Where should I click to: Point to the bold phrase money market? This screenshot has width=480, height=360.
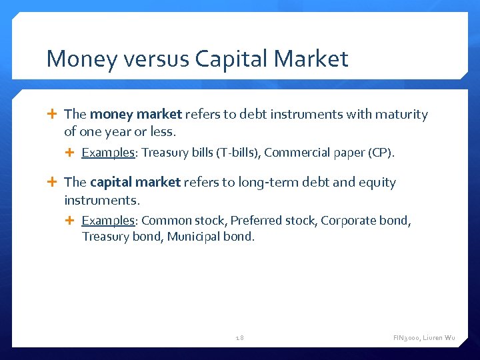click(136, 115)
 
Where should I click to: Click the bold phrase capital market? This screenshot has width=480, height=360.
click(135, 183)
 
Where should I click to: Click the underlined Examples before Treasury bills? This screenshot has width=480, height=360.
click(108, 153)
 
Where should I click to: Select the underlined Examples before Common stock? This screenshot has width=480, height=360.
click(108, 221)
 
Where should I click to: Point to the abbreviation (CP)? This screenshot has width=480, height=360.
click(381, 153)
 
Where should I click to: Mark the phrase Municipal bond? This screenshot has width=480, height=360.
click(211, 237)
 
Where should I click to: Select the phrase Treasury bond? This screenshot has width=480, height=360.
click(122, 237)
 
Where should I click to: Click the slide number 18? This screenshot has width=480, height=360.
click(240, 338)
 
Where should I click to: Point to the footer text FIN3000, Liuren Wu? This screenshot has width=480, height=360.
click(424, 338)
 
